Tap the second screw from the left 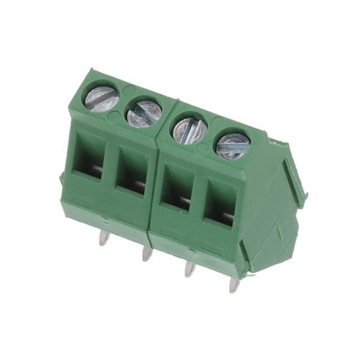[x=144, y=112]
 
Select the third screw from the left [x=190, y=130]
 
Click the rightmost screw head [x=233, y=146]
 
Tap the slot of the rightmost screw [x=233, y=146]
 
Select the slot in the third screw [x=190, y=130]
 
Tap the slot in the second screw [x=144, y=112]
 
